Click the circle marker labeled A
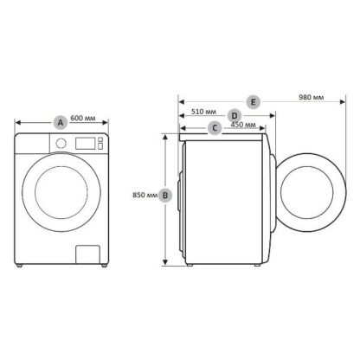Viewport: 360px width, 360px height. point(61,123)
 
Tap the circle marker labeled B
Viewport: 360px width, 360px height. point(165,196)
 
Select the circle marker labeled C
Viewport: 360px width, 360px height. point(215,128)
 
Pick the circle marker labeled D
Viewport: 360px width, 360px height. point(235,116)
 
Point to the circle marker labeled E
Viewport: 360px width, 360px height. point(253,102)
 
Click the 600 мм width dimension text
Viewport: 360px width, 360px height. point(83,118)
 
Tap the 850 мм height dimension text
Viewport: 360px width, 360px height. point(145,195)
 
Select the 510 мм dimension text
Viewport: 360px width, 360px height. point(203,112)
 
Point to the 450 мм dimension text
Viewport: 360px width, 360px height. point(243,125)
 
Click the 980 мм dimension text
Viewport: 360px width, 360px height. point(312,97)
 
